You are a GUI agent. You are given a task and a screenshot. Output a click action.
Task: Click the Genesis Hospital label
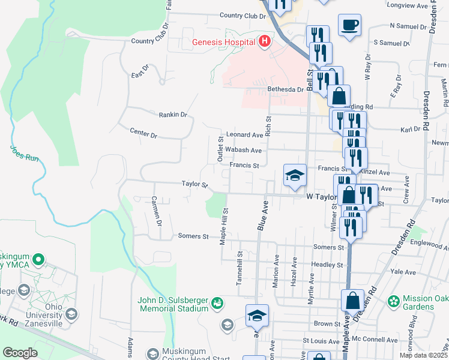pos(223,42)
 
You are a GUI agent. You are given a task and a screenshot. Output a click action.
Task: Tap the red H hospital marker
pos(264,41)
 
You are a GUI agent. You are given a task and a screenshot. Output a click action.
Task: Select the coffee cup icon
pos(349,25)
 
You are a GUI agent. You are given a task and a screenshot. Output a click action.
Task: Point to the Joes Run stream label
pos(24,154)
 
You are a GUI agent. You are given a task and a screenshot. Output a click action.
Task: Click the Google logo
pos(20,353)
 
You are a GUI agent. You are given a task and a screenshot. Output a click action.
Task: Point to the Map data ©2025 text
pos(423,355)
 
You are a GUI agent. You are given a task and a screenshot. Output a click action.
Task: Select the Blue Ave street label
pos(262,214)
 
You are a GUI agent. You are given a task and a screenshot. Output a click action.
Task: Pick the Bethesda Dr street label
pos(286,89)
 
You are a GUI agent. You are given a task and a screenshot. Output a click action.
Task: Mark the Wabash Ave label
pos(244,150)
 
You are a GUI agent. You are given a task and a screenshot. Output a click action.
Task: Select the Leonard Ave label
pos(244,135)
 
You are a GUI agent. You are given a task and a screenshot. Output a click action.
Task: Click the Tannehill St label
pos(239,265)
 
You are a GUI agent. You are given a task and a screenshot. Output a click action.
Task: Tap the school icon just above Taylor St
pos(295,175)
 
